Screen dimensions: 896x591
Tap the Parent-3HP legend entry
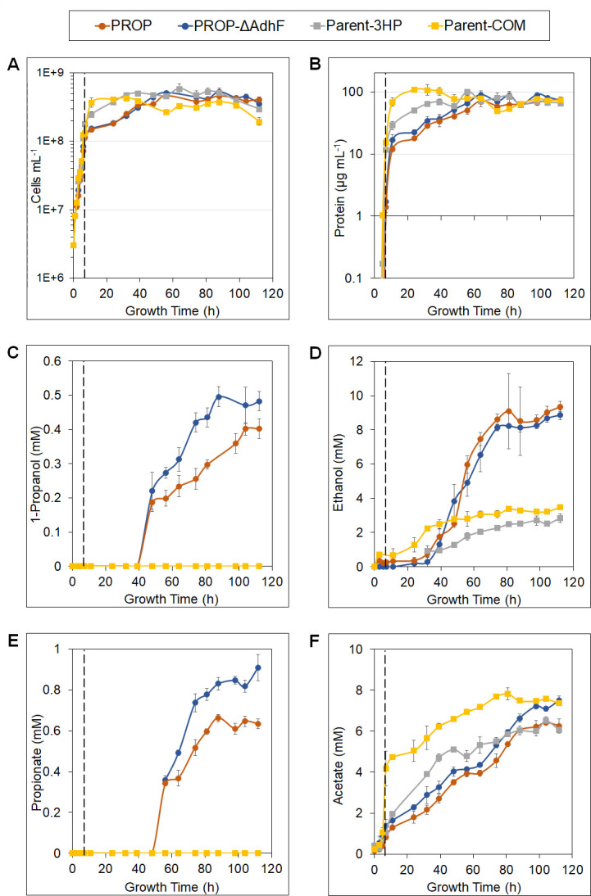pyautogui.click(x=371, y=27)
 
